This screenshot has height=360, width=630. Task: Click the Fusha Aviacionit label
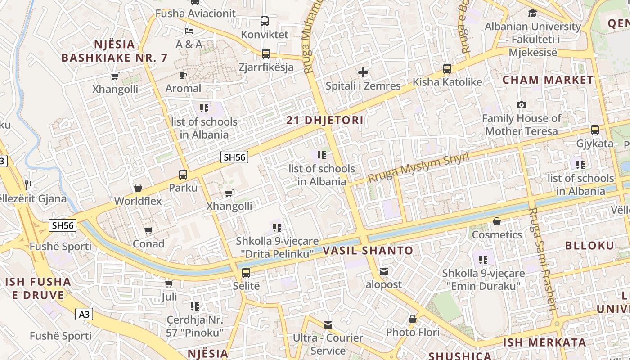pyautogui.click(x=195, y=13)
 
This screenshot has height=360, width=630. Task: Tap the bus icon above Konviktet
pyautogui.click(x=265, y=21)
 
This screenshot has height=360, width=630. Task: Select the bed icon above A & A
pyautogui.click(x=189, y=31)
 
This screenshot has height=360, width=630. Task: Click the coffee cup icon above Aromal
pyautogui.click(x=183, y=75)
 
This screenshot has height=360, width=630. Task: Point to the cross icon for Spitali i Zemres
pyautogui.click(x=363, y=72)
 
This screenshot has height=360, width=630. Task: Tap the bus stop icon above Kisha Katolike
pyautogui.click(x=447, y=69)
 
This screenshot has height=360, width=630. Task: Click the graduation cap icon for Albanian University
pyautogui.click(x=533, y=13)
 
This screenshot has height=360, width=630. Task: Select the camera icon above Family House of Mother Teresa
pyautogui.click(x=522, y=105)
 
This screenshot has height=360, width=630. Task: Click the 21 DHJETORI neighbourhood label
pyautogui.click(x=325, y=121)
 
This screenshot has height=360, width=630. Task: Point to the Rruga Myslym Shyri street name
pyautogui.click(x=418, y=167)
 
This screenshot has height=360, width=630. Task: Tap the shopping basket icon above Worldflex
pyautogui.click(x=138, y=188)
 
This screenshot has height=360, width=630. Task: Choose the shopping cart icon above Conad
pyautogui.click(x=148, y=231)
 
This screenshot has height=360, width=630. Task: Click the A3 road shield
pyautogui.click(x=84, y=314)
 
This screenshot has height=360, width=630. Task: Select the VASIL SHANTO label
pyautogui.click(x=368, y=251)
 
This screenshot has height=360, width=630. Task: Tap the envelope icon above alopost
pyautogui.click(x=383, y=271)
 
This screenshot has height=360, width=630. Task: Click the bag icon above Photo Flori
pyautogui.click(x=413, y=319)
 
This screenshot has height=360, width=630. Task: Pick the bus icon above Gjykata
pyautogui.click(x=595, y=130)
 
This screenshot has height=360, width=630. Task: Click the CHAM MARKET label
pyautogui.click(x=548, y=80)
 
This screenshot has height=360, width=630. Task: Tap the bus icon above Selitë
pyautogui.click(x=246, y=272)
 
